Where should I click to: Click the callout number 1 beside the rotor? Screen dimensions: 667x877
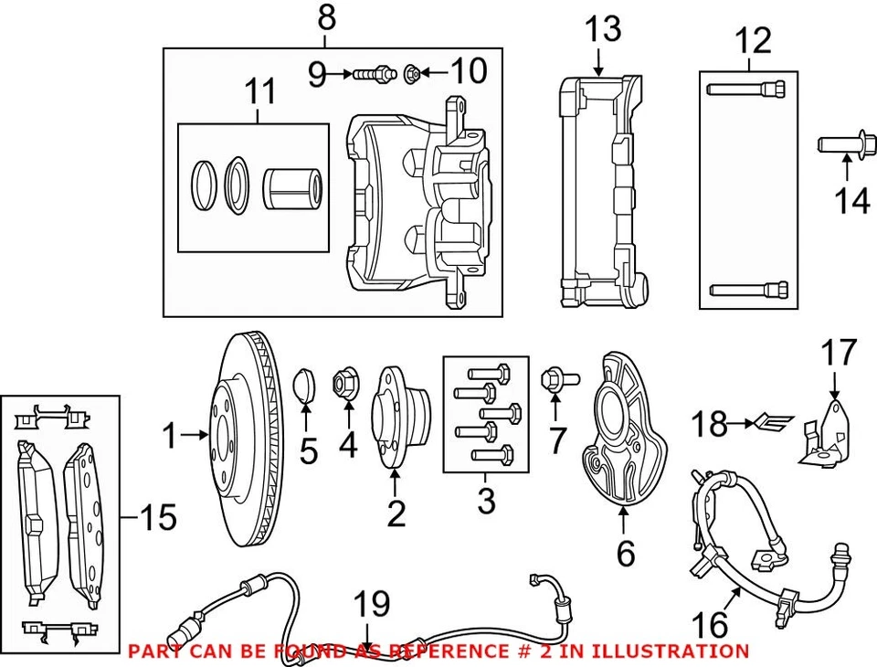(x=170, y=437)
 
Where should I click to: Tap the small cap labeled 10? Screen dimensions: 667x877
(x=413, y=71)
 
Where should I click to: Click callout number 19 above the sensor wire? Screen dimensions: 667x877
(x=372, y=604)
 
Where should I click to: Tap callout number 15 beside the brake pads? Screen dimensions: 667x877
(x=157, y=518)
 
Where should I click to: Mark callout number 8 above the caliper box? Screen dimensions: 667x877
(x=326, y=16)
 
